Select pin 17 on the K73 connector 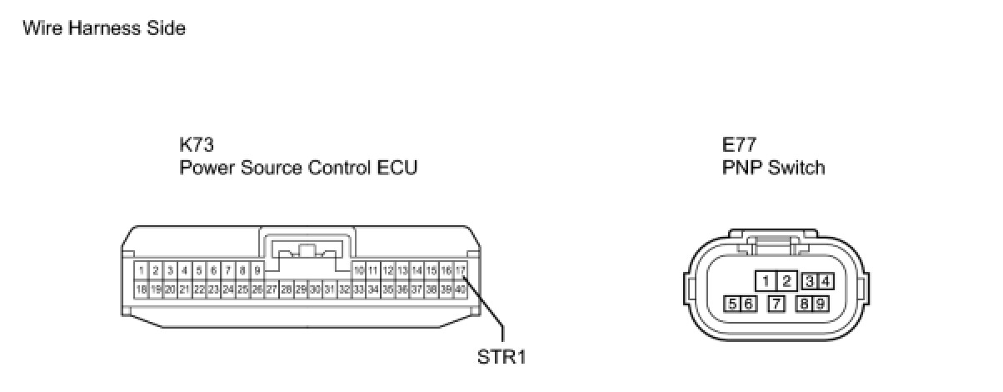[461, 270]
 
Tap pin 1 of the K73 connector [142, 270]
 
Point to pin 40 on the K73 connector [461, 289]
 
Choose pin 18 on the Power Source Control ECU [142, 289]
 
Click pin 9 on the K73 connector [257, 270]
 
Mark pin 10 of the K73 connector [359, 270]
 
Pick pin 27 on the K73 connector [272, 289]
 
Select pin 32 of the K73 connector [344, 289]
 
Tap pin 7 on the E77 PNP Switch [776, 304]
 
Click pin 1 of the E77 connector [766, 280]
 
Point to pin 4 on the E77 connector [826, 280]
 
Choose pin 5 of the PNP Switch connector [732, 304]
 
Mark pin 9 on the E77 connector [821, 304]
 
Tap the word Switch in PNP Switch [797, 168]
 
